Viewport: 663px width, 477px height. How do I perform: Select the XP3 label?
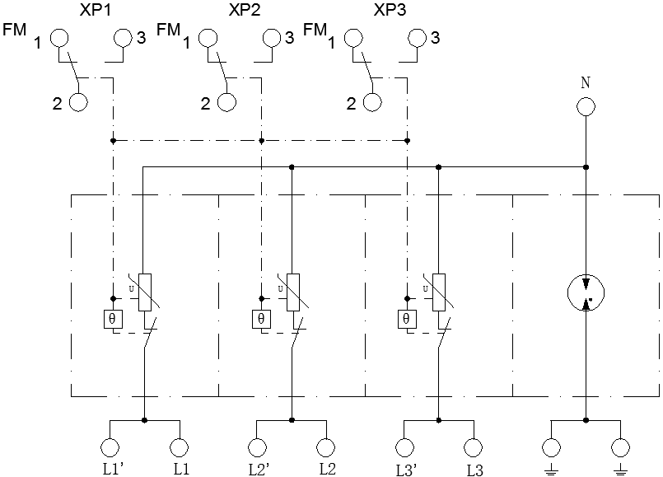pyautogui.click(x=389, y=10)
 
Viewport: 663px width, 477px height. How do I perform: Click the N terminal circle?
pyautogui.click(x=586, y=107)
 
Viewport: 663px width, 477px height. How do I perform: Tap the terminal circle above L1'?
pyautogui.click(x=110, y=447)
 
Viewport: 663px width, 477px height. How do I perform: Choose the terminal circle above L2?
pyautogui.click(x=326, y=447)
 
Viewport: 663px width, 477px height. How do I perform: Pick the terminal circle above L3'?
pyautogui.click(x=404, y=447)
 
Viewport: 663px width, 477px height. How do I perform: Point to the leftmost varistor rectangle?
pyautogui.click(x=145, y=292)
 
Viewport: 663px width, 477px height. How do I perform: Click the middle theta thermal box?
pyautogui.click(x=260, y=318)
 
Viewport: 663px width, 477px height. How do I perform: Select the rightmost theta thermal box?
pyautogui.click(x=406, y=318)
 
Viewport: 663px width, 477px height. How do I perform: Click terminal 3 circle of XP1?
pyautogui.click(x=123, y=37)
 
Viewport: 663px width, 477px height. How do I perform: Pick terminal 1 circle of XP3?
pyautogui.click(x=354, y=37)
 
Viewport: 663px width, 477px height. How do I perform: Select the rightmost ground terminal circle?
pyautogui.click(x=621, y=447)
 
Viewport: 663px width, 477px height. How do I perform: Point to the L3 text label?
pyautogui.click(x=474, y=470)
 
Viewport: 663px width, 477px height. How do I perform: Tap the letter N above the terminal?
pyautogui.click(x=586, y=82)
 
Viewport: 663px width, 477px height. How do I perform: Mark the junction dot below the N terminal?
pyautogui.click(x=586, y=166)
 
